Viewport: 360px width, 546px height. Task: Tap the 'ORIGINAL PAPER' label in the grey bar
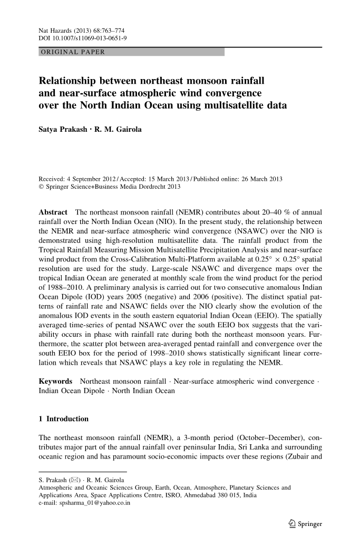pyautogui.click(x=72, y=52)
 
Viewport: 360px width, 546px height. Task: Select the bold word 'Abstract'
pyautogui.click(x=53, y=212)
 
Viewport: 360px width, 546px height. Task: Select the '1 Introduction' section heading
pyautogui.click(x=64, y=419)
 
